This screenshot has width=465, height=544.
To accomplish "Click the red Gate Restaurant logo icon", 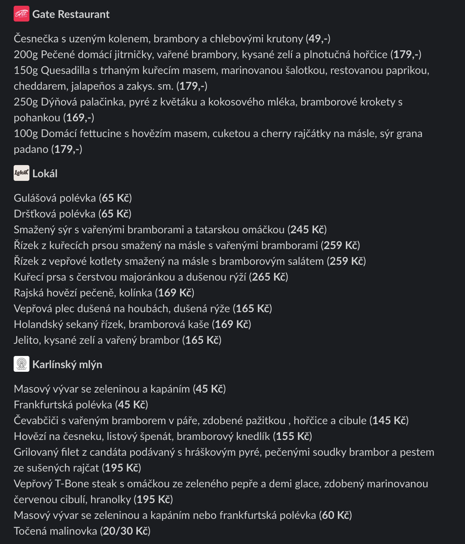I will [x=22, y=14].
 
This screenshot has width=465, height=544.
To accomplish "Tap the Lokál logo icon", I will [x=22, y=173].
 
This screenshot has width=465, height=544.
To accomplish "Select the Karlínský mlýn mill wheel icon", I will [x=22, y=364].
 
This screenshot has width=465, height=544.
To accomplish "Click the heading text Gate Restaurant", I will [x=71, y=14].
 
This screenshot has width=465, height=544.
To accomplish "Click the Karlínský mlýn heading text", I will [x=67, y=365].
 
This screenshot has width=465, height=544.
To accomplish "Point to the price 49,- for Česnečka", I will [x=318, y=39].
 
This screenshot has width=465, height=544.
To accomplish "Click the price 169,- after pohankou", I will [x=79, y=118].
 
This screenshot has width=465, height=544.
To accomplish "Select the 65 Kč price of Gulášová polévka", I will [x=115, y=198].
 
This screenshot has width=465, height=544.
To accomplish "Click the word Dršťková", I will [x=35, y=214].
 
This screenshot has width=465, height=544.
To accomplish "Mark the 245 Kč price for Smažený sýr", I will [x=307, y=230].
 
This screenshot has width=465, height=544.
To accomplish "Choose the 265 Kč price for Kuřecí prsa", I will [x=268, y=277].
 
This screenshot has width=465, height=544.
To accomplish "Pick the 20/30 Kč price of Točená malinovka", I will [x=125, y=531].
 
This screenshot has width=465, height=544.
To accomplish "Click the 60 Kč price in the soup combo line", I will [x=335, y=515].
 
